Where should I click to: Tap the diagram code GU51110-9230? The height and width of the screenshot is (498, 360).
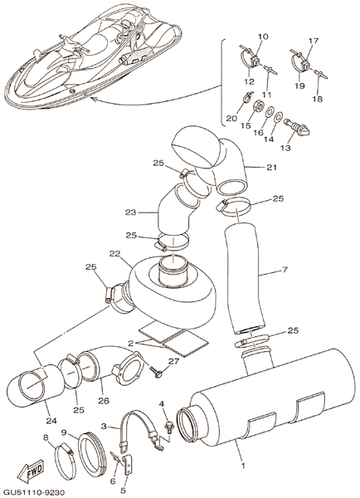tap(32, 492)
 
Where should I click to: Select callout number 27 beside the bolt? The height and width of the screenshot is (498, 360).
tap(174, 361)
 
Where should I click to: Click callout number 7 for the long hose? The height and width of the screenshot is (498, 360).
tap(285, 270)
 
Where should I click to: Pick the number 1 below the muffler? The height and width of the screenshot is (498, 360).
tap(243, 466)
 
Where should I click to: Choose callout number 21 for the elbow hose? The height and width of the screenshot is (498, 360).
tap(272, 167)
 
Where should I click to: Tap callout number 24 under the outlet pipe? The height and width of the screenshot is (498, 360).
tap(51, 421)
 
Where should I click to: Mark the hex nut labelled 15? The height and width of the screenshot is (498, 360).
tap(258, 105)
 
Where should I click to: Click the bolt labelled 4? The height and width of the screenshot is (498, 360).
tap(168, 426)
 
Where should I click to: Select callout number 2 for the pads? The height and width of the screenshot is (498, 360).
tap(130, 344)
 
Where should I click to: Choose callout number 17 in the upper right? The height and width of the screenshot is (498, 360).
tap(313, 41)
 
